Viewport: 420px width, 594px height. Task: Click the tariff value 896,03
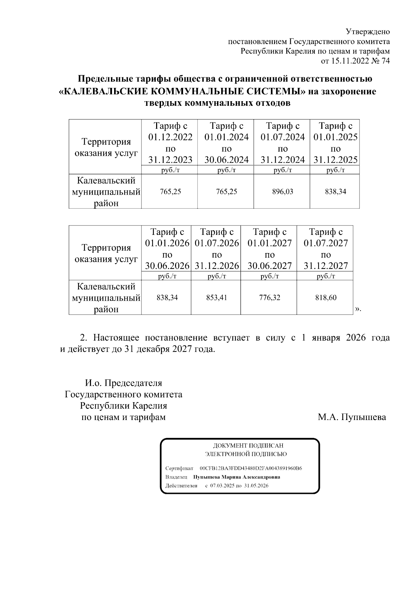point(282,192)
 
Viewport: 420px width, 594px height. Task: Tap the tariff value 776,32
point(269,298)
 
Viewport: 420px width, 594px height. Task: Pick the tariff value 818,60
point(325,298)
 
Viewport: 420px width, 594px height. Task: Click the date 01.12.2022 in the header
point(170,137)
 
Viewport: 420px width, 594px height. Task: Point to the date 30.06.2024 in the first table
point(226,160)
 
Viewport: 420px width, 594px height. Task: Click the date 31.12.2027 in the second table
point(325,266)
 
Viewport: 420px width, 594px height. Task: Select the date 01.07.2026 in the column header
point(217,243)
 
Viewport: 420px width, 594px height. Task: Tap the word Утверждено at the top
point(367,32)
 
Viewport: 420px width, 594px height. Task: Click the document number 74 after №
point(386,61)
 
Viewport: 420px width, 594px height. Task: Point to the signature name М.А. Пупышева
point(352,417)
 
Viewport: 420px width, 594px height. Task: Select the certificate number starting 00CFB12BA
point(251,468)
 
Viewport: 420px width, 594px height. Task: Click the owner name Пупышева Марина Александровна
point(237,477)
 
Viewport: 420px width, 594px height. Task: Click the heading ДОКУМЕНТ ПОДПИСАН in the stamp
point(248,446)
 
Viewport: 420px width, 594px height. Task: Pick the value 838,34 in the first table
point(335,192)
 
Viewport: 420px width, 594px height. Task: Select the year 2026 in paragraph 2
point(356,338)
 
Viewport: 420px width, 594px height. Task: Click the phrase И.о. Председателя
point(124,383)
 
